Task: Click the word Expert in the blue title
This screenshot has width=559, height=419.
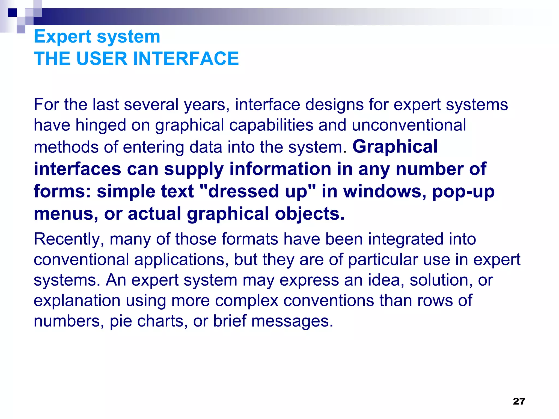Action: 63,37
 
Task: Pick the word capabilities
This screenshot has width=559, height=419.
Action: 271,125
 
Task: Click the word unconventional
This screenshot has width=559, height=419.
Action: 409,125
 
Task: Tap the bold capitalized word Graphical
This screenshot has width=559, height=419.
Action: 395,146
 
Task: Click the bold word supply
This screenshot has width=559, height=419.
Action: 194,169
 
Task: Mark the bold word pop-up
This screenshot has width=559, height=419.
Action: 463,191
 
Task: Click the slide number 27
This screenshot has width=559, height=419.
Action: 519,401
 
